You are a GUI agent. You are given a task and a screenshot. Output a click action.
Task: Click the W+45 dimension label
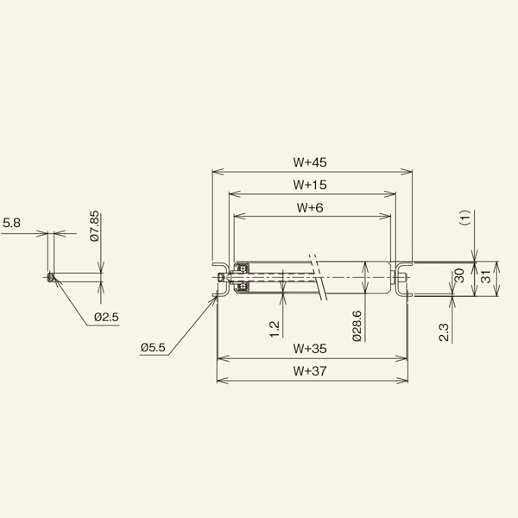click(x=308, y=161)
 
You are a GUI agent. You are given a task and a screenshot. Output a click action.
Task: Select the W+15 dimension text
click(x=308, y=184)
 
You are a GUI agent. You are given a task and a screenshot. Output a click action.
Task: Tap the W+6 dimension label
click(x=310, y=207)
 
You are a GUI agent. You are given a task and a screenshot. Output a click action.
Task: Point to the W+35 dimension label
click(x=308, y=350)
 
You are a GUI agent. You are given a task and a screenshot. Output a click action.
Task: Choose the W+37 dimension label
click(x=308, y=371)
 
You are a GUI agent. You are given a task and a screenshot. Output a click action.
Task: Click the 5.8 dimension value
click(x=12, y=224)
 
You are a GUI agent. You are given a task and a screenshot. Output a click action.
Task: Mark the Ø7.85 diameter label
click(x=95, y=226)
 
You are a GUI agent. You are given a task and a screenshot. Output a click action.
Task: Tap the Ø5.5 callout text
click(x=152, y=347)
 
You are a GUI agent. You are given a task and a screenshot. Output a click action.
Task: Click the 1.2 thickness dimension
click(x=274, y=328)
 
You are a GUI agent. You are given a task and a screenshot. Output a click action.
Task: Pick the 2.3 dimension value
click(x=443, y=332)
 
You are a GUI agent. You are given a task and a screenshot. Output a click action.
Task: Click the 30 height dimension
click(x=458, y=276)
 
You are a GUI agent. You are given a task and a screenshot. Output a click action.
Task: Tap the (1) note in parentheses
click(x=463, y=218)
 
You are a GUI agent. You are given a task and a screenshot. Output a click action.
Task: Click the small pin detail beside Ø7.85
click(x=50, y=278)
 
